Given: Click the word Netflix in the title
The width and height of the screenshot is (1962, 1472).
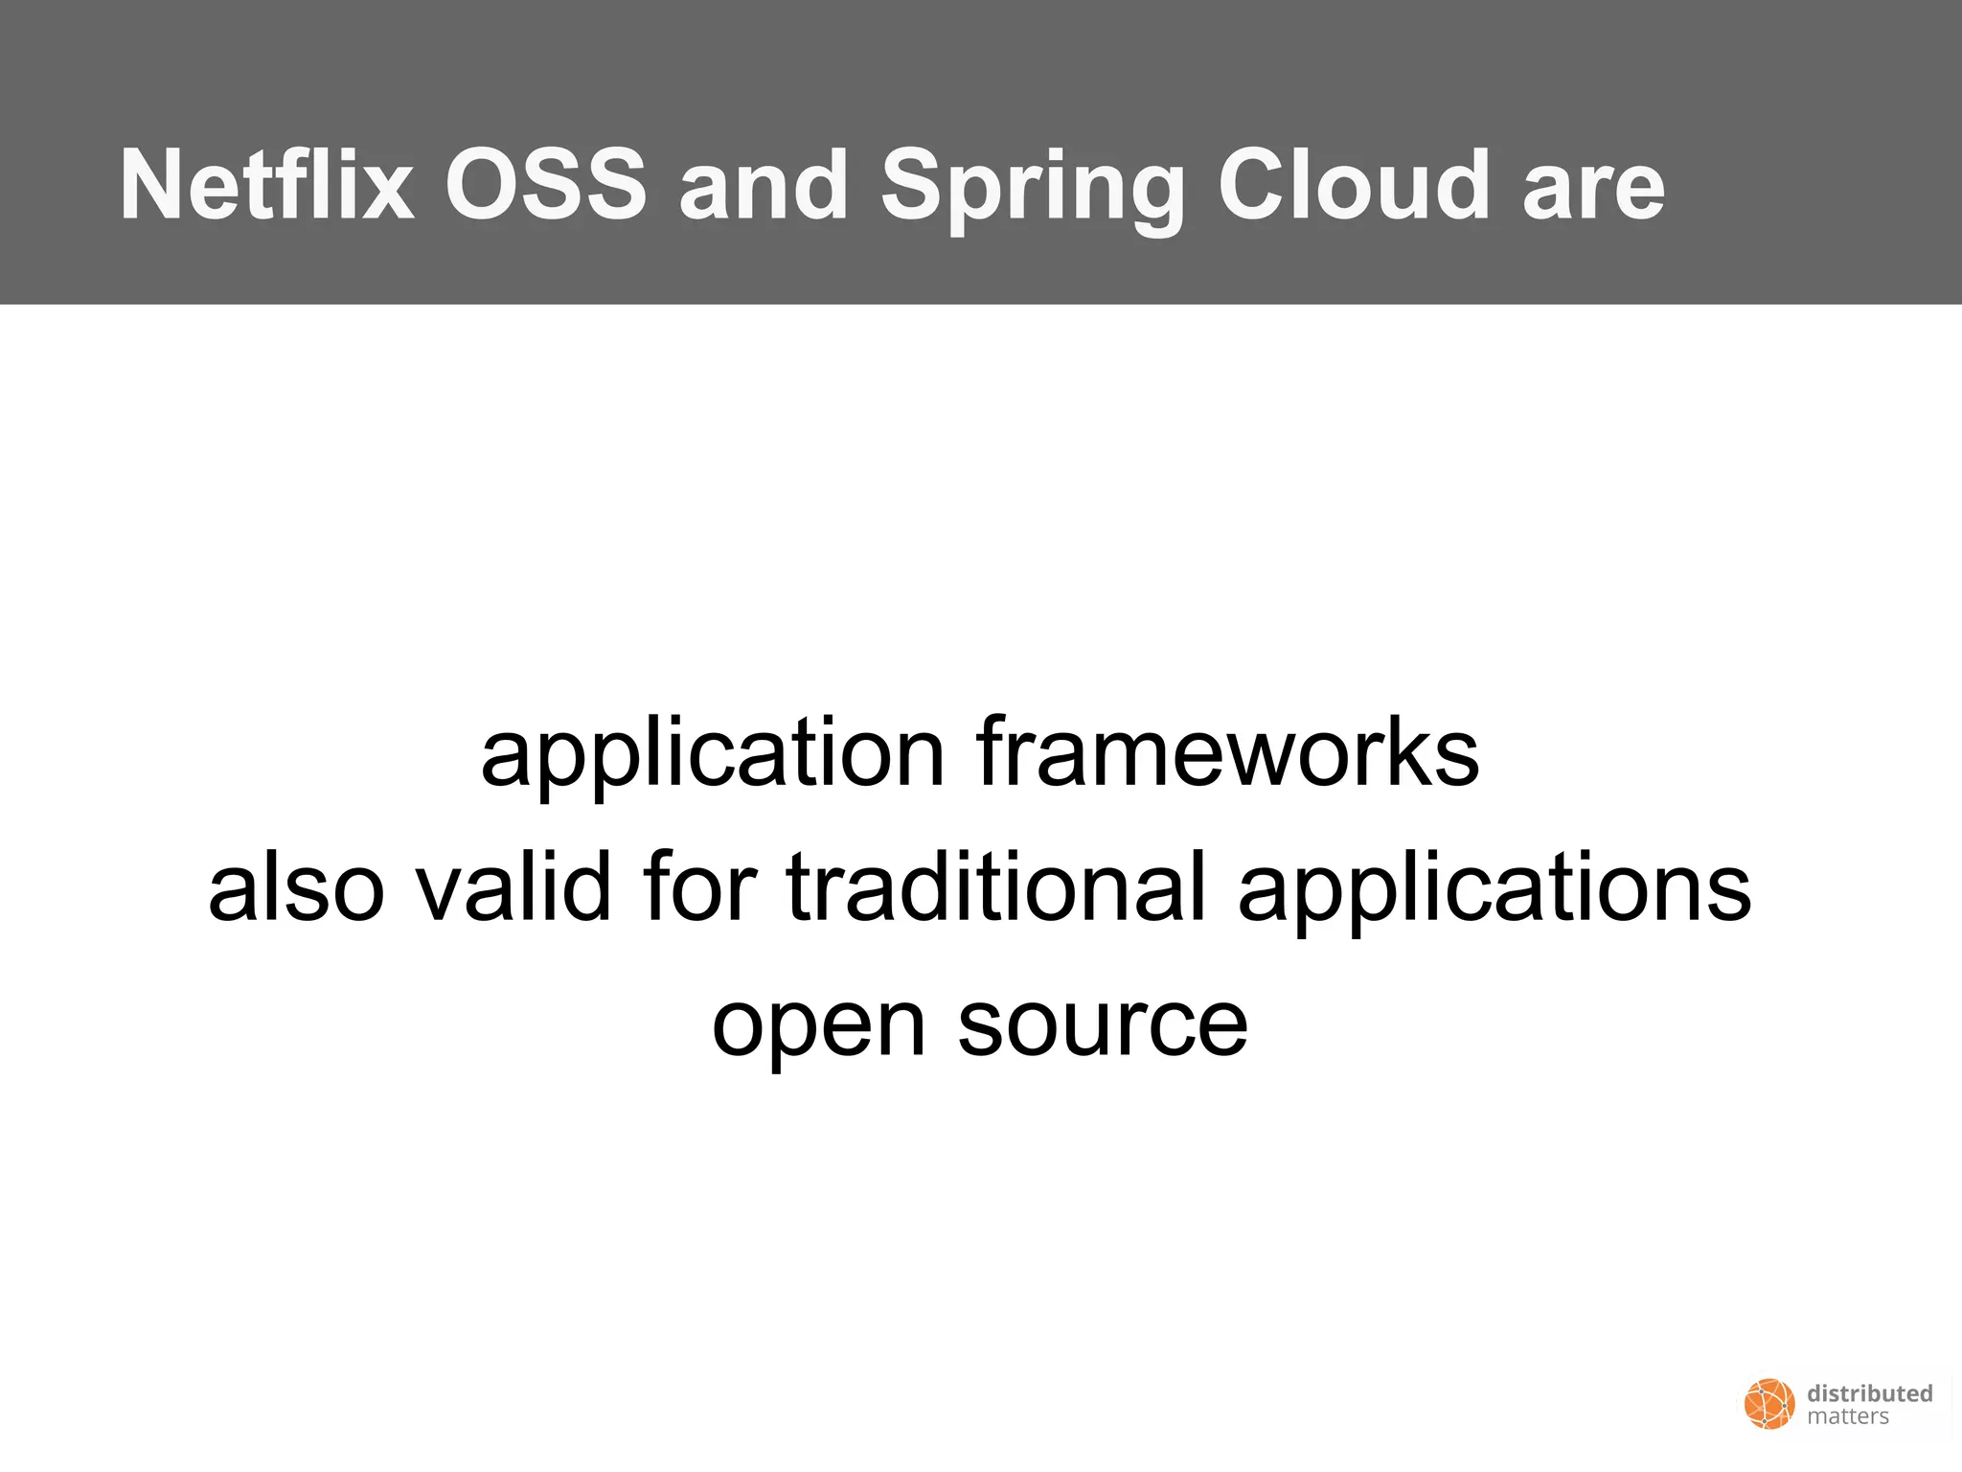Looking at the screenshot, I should click(x=267, y=185).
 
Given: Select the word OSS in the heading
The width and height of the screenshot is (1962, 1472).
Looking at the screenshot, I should click(x=546, y=185).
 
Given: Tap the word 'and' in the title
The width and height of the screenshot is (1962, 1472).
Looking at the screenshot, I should click(x=764, y=185).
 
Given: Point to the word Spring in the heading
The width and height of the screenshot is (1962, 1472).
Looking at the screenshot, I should click(x=1033, y=188).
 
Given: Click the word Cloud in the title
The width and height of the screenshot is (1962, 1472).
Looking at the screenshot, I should click(x=1354, y=185).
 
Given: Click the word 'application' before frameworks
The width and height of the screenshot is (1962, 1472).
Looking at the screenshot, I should click(x=713, y=754).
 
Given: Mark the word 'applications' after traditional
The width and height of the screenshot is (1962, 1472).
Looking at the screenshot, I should click(x=1494, y=889).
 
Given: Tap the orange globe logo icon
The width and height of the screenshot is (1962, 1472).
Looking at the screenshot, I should click(x=1768, y=1404).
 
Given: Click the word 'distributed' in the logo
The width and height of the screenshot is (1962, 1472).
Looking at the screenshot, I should click(x=1869, y=1393).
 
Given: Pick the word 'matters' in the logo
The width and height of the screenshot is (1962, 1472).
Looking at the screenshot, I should click(x=1848, y=1416).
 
